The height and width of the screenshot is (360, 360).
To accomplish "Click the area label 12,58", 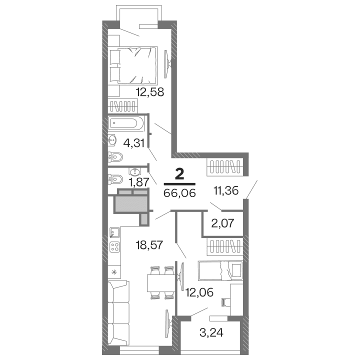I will (x=150, y=92).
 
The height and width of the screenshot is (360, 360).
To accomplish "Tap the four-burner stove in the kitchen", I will (x=115, y=246).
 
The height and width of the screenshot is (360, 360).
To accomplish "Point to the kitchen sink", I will (x=114, y=231).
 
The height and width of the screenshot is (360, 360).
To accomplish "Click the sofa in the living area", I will (x=119, y=313).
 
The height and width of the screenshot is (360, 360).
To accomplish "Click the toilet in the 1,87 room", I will (x=115, y=178).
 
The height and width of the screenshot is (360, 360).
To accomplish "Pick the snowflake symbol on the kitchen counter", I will (x=114, y=272).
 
